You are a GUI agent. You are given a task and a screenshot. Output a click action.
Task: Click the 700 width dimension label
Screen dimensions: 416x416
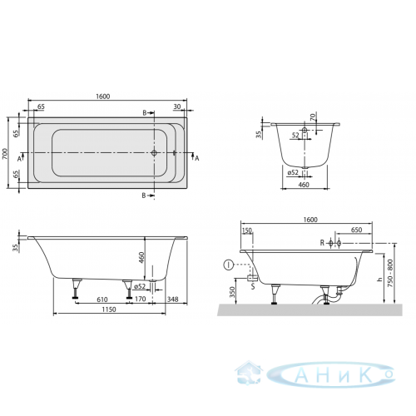[5, 153]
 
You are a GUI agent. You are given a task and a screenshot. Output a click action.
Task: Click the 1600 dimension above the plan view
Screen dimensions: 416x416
[103, 97]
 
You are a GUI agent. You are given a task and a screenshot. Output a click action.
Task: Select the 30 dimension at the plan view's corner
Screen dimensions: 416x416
[177, 106]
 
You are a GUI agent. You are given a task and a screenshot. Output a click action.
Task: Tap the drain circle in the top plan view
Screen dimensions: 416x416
[154, 152]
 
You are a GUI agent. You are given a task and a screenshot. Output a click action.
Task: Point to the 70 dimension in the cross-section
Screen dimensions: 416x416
[313, 116]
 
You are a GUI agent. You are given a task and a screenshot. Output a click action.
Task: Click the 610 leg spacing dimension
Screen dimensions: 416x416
[102, 300]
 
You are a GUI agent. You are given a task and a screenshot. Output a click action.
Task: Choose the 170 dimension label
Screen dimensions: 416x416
[141, 299]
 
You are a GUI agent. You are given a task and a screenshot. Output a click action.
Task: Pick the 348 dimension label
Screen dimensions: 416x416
[172, 299]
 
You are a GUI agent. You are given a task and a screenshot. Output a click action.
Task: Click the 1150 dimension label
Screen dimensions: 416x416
[109, 310]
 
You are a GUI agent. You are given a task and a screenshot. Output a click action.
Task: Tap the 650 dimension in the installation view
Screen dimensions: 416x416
[356, 230]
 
